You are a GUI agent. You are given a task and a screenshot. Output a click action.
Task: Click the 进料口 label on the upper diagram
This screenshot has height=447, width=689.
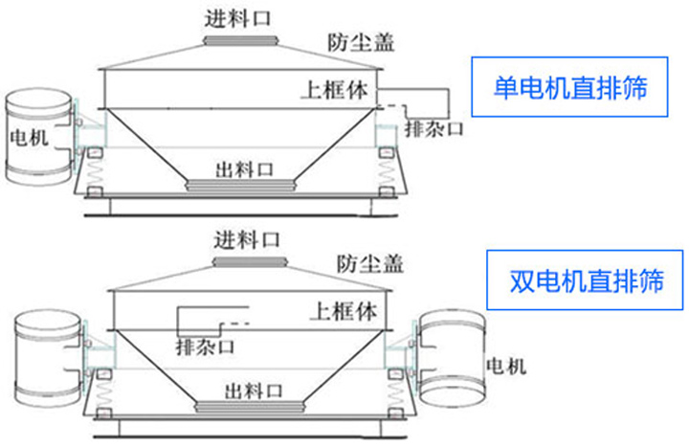click(x=236, y=17)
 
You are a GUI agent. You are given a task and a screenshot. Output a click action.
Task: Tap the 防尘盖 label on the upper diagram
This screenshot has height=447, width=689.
click(x=361, y=42)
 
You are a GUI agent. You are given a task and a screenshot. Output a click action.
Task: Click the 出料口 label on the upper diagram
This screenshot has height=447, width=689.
click(x=244, y=168)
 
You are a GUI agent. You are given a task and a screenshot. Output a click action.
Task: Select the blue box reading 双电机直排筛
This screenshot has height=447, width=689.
click(x=586, y=281)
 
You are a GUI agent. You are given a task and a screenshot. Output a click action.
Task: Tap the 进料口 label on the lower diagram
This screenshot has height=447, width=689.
click(x=245, y=237)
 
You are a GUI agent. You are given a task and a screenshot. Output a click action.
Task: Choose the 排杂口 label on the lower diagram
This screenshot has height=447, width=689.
click(x=205, y=346)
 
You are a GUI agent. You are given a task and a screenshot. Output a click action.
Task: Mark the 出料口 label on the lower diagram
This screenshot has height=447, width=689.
click(x=253, y=390)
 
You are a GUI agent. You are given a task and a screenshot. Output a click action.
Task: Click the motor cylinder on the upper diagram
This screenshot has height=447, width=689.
click(x=38, y=139)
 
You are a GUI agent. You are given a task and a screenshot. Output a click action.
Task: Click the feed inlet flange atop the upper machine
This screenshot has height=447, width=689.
click(x=240, y=40)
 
